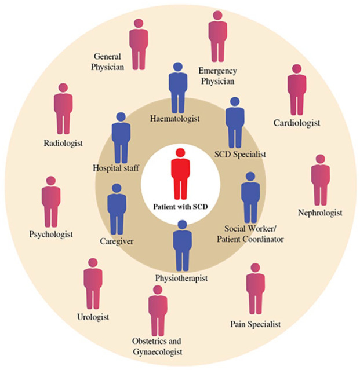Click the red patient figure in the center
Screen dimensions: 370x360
(x=180, y=174)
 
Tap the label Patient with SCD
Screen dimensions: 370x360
(x=180, y=206)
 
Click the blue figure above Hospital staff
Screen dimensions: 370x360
(x=121, y=138)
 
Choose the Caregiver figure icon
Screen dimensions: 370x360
(x=117, y=209)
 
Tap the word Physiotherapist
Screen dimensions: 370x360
(x=181, y=279)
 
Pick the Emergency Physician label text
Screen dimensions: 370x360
(x=217, y=76)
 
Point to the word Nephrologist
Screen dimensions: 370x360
(x=319, y=213)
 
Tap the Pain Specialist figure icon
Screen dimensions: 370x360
(x=255, y=289)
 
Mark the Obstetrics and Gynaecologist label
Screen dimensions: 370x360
(x=157, y=346)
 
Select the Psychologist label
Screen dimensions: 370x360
(x=50, y=235)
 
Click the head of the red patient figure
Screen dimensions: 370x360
(x=180, y=153)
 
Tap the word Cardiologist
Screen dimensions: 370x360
(x=297, y=123)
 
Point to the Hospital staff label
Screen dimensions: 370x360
(x=114, y=169)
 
